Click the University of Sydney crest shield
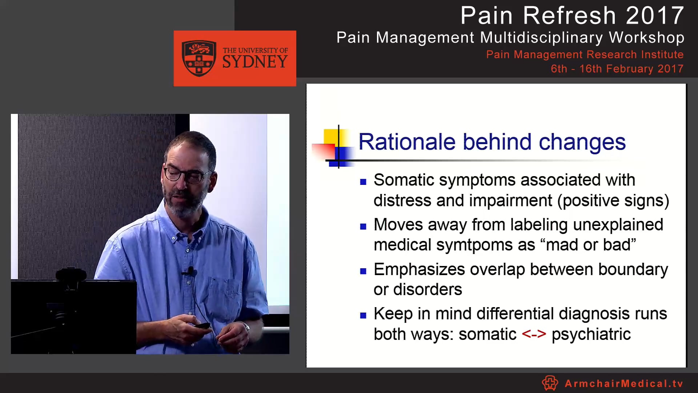[199, 58]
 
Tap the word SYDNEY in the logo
[255, 62]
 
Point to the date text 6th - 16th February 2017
[617, 69]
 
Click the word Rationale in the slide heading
[407, 142]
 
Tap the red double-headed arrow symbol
[534, 334]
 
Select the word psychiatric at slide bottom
[591, 334]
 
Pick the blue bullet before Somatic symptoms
[363, 182]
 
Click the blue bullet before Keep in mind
[363, 315]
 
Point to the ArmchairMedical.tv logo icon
[550, 383]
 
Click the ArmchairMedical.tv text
[624, 384]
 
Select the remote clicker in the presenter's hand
[202, 325]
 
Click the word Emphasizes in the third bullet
[419, 270]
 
